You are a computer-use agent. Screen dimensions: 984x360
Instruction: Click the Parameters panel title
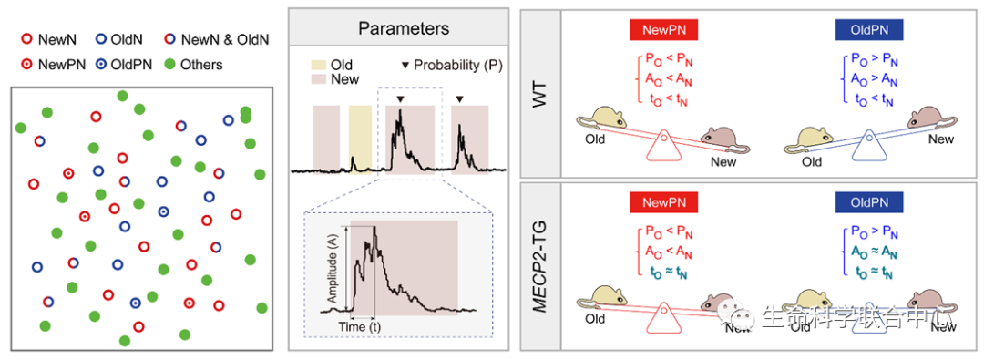click(x=404, y=28)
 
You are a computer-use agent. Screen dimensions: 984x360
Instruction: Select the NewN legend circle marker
click(x=26, y=39)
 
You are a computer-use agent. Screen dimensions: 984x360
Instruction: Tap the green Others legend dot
click(x=169, y=64)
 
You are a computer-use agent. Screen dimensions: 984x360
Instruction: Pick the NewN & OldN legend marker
click(x=169, y=39)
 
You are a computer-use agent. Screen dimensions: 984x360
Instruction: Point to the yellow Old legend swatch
click(x=320, y=66)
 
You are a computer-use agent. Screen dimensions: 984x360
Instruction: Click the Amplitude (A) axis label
click(x=333, y=270)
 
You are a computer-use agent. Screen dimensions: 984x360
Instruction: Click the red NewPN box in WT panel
click(x=663, y=30)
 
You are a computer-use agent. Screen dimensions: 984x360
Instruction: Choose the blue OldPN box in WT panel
click(x=869, y=30)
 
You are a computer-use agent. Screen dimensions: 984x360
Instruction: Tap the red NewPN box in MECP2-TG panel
click(x=663, y=202)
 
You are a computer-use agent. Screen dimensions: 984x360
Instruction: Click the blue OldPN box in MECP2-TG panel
click(x=869, y=202)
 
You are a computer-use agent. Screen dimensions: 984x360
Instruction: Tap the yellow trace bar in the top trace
click(x=360, y=139)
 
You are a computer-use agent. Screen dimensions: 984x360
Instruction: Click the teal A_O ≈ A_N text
click(x=870, y=253)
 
